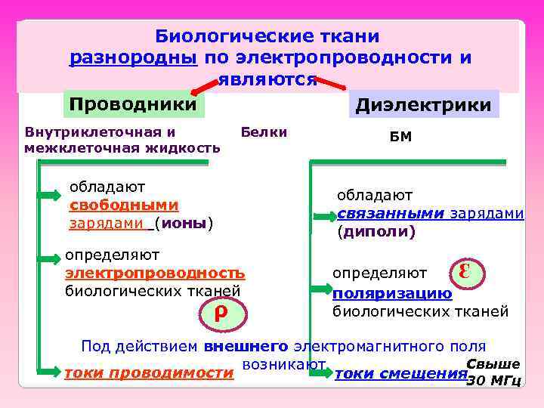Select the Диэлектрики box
(x=423, y=105)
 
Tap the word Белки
(x=264, y=133)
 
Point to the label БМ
(x=401, y=138)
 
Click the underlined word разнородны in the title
(x=132, y=57)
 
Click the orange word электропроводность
(x=155, y=272)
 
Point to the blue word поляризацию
(x=392, y=293)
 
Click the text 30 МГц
(x=493, y=380)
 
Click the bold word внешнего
(x=246, y=347)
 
